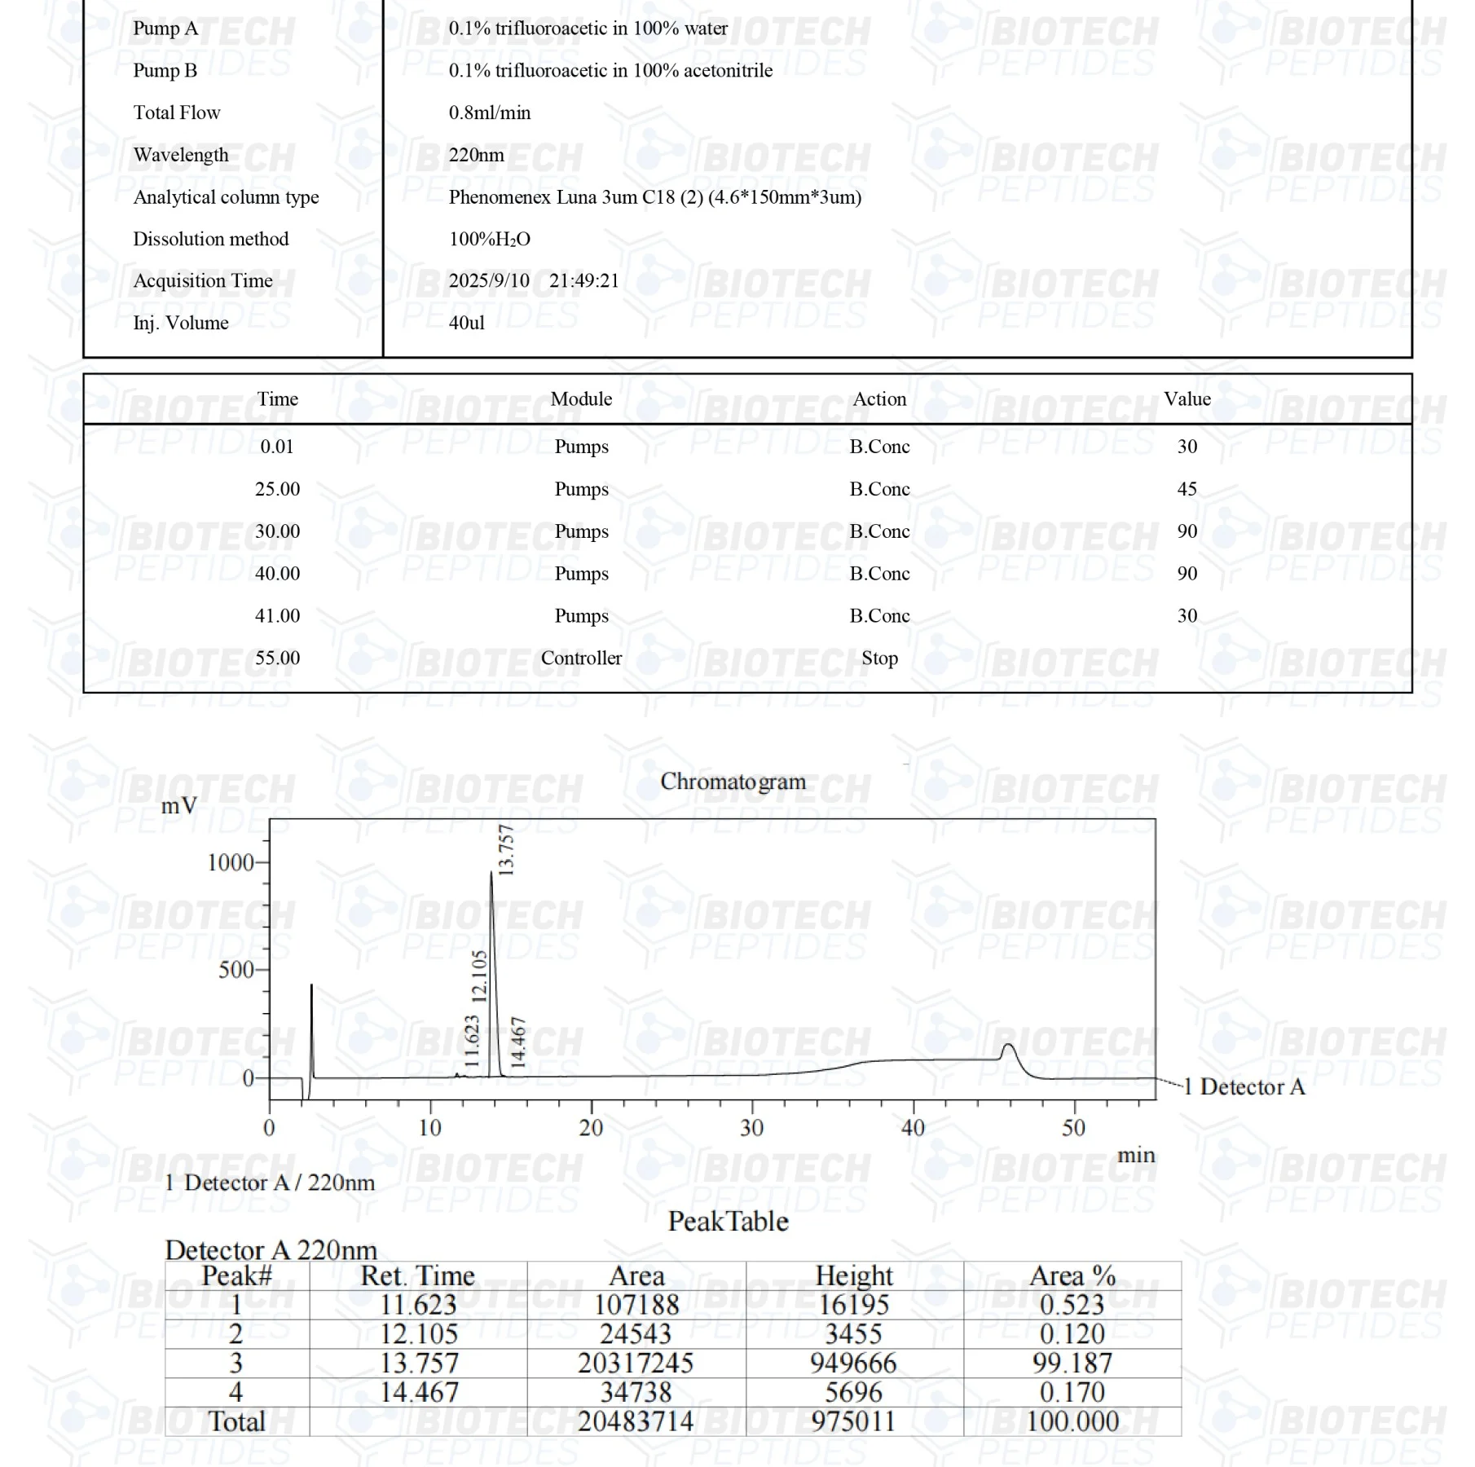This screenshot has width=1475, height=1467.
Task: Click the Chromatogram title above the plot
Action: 732,782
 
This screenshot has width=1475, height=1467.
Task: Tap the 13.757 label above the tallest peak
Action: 506,850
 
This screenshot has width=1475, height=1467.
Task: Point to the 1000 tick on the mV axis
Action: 231,862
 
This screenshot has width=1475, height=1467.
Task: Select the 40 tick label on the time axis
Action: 913,1128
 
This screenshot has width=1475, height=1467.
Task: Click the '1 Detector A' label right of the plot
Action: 1244,1086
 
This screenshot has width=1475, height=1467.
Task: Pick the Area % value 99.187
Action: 1072,1363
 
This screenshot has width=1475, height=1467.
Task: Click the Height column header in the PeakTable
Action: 854,1275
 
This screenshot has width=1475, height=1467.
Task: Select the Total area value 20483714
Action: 636,1421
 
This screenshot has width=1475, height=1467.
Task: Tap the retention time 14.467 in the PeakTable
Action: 419,1392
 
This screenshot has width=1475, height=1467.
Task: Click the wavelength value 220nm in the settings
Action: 476,155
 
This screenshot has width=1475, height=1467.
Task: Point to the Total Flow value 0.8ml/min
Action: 489,112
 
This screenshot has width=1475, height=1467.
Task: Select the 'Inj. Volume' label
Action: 181,323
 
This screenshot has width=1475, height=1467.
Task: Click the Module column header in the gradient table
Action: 581,399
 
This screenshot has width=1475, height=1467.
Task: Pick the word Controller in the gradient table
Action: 581,659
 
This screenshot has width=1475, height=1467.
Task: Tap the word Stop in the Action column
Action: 879,659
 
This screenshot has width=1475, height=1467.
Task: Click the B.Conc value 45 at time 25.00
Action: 1187,489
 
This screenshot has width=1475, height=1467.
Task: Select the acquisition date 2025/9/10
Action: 489,281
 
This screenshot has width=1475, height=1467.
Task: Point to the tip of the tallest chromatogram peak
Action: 491,873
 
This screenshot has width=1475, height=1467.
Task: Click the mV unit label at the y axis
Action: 178,806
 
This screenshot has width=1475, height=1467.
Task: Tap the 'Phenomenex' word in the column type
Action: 499,197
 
